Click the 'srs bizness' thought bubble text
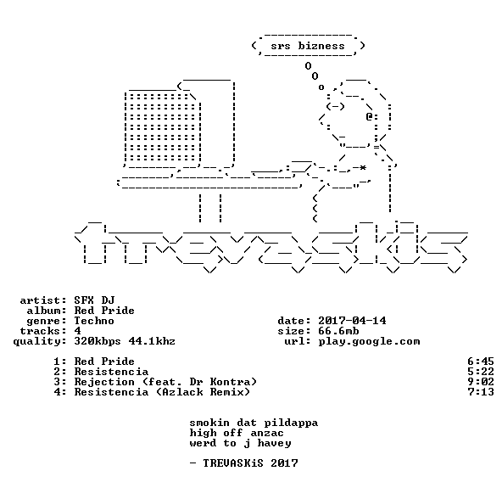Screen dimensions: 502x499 (x=308, y=46)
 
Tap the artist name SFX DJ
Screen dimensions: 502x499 (x=94, y=300)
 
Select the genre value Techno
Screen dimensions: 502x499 (x=94, y=321)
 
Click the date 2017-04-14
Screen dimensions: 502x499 (x=352, y=321)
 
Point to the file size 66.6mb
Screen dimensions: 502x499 (x=338, y=331)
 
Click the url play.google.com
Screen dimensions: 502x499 (x=369, y=342)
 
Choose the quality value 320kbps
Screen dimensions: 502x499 (x=98, y=342)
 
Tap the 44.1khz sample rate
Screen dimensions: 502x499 (x=152, y=341)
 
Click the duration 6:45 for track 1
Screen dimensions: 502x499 (x=481, y=362)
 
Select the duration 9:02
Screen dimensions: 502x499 (x=481, y=382)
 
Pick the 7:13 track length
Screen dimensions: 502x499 (x=481, y=392)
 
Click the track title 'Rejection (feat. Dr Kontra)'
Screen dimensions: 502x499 (x=165, y=382)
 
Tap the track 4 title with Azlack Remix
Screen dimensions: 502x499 (x=162, y=392)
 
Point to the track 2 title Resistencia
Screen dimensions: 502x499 (x=111, y=372)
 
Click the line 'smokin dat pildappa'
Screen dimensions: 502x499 (x=254, y=423)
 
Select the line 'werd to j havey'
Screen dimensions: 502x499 (x=241, y=444)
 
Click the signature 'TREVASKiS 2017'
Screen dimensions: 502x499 (x=250, y=463)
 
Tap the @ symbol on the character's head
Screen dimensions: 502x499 (x=369, y=116)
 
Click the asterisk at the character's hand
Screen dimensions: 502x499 (x=362, y=168)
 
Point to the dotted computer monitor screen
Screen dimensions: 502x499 (x=163, y=127)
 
